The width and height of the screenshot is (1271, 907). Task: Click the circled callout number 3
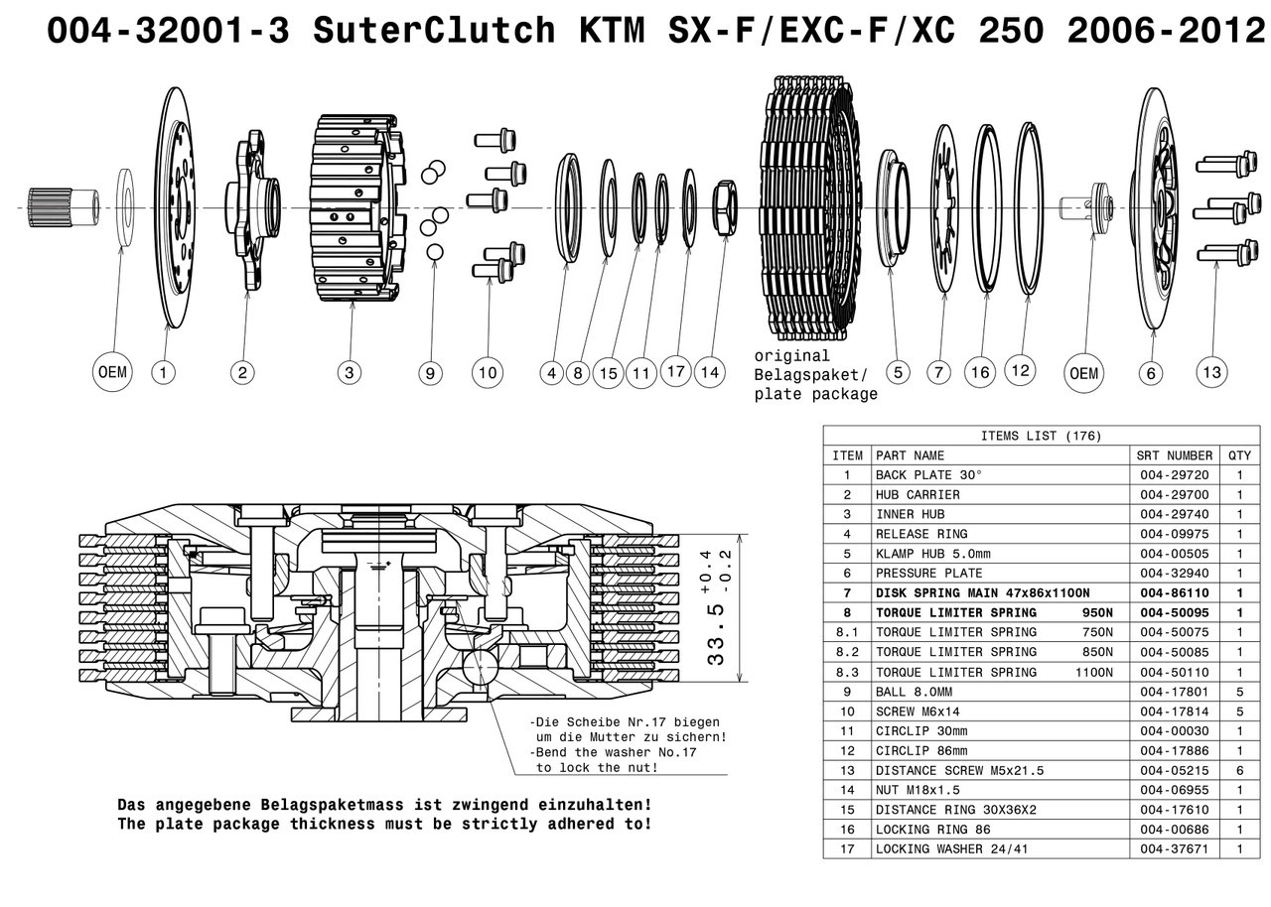pos(349,373)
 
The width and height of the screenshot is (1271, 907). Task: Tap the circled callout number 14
pos(710,373)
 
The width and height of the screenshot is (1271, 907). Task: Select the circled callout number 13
pos(1211,373)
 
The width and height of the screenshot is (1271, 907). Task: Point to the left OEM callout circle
pos(113,373)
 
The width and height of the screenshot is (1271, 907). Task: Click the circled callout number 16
pos(981,373)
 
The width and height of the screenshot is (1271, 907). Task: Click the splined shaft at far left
pos(62,205)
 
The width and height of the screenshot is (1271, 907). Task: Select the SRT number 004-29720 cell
pos(1175,475)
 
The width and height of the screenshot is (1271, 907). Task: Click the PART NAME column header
pos(910,455)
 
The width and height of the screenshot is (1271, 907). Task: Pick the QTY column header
pos(1239,455)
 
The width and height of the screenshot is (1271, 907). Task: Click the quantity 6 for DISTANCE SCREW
pos(1239,770)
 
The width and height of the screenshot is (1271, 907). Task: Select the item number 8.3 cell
pos(847,672)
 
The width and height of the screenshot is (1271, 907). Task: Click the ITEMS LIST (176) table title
pos(1040,436)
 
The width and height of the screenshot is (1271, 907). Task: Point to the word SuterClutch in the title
pos(434,31)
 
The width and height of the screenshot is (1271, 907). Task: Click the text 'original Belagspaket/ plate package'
pos(815,375)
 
